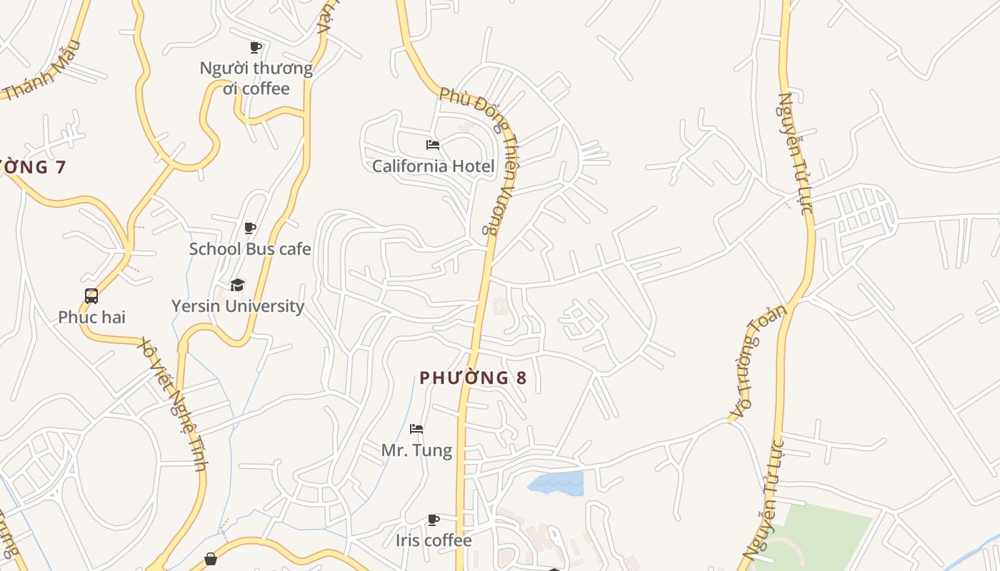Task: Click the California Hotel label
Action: [x=433, y=166]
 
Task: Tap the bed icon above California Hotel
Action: [x=433, y=145]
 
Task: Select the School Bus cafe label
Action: [x=250, y=249]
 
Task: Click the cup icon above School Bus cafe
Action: [x=250, y=228]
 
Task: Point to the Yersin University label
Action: [x=238, y=306]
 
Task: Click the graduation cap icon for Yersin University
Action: [x=238, y=285]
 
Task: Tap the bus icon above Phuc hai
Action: [x=91, y=295]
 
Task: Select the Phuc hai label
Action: [x=91, y=317]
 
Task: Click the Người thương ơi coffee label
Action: [x=256, y=79]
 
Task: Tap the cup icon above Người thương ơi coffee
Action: [x=256, y=48]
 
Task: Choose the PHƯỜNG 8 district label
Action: [x=473, y=378]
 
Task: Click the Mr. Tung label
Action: [x=416, y=450]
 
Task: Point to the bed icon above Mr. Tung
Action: [x=416, y=429]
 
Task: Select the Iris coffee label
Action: [x=434, y=540]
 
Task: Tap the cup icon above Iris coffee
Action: [x=434, y=520]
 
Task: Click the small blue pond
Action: [x=557, y=483]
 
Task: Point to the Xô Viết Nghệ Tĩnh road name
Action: [x=174, y=403]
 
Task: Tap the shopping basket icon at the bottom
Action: [x=211, y=559]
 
